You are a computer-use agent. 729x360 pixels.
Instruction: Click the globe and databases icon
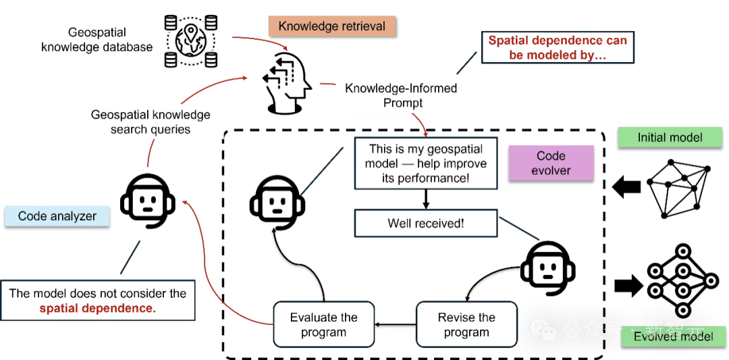(191, 38)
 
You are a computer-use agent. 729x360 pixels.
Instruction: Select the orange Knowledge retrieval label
(331, 26)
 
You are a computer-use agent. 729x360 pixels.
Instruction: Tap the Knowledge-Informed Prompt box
(402, 95)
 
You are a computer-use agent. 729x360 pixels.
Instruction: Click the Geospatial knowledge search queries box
(151, 122)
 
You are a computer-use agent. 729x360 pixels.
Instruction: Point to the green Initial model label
(670, 137)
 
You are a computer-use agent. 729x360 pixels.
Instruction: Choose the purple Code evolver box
(551, 163)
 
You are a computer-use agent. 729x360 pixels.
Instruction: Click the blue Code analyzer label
(57, 216)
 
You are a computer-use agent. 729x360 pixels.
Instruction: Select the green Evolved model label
(673, 336)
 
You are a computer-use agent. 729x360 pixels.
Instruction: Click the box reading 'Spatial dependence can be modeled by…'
(557, 47)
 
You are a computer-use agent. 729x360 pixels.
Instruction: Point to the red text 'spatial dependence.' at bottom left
(97, 309)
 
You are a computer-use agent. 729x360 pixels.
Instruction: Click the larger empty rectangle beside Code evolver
(426, 163)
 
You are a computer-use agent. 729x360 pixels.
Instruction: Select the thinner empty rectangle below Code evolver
(426, 224)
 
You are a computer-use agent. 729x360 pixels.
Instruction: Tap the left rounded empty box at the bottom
(323, 325)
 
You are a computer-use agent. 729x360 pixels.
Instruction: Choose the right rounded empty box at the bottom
(465, 325)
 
